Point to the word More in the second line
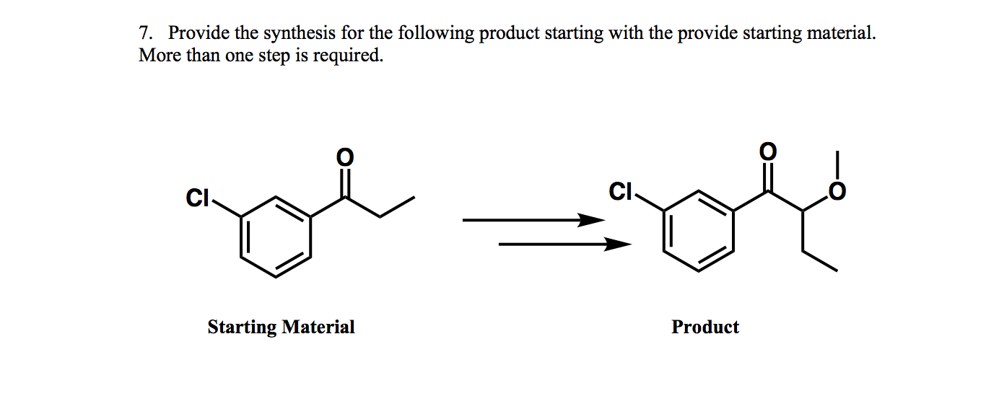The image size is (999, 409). (x=160, y=56)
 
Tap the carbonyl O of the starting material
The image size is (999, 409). (x=345, y=156)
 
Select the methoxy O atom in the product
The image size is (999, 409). (x=837, y=192)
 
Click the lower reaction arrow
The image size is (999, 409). (x=564, y=245)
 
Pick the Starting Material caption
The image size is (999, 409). (x=281, y=327)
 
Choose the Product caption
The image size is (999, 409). (x=704, y=327)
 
